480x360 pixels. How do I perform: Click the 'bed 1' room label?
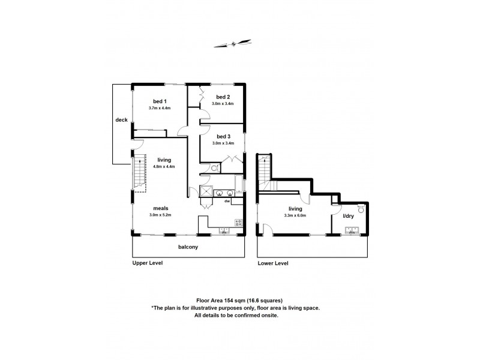click(x=159, y=101)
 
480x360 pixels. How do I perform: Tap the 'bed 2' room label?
click(x=223, y=97)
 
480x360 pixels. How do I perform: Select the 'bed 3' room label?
click(x=223, y=136)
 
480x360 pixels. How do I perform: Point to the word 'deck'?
click(x=121, y=120)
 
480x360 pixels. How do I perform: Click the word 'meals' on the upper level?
click(x=160, y=208)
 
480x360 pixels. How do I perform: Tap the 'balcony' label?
click(x=188, y=247)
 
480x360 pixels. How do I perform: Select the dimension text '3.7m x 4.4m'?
click(x=160, y=108)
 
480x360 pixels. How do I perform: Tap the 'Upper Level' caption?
click(x=148, y=263)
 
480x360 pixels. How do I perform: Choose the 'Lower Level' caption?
click(x=273, y=263)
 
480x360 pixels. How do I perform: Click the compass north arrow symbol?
click(x=233, y=43)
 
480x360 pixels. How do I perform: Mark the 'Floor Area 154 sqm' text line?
click(x=239, y=300)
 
